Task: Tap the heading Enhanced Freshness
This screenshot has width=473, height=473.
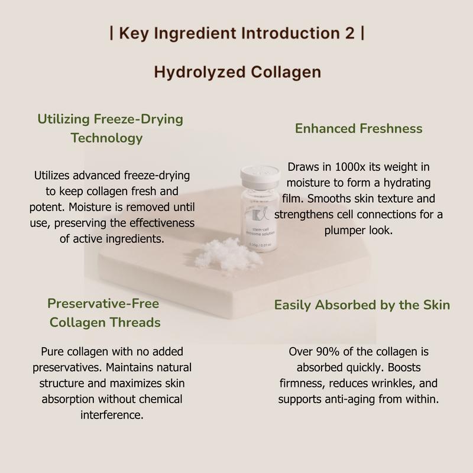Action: coord(358,128)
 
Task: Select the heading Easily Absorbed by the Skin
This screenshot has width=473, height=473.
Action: coord(362,305)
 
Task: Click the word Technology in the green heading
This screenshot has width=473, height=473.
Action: coord(106,138)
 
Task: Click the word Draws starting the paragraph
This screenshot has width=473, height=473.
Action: coord(302,167)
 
